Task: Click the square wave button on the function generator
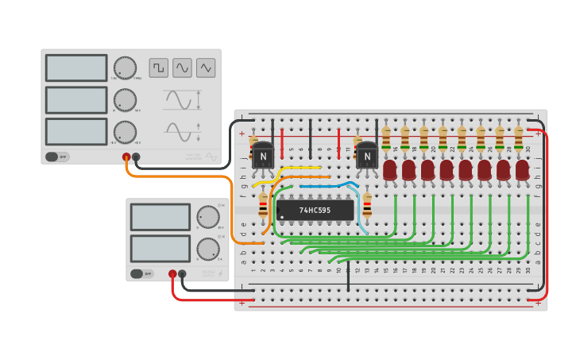[159, 68]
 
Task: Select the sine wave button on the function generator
[183, 68]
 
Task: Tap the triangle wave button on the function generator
[207, 68]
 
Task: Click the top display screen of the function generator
[76, 68]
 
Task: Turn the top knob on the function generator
[125, 68]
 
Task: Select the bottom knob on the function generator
[125, 131]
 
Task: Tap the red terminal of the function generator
[126, 157]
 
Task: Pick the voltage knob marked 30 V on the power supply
[208, 217]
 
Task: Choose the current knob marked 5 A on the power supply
[208, 249]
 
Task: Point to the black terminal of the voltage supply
[182, 274]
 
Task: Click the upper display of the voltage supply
[160, 217]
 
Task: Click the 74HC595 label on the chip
[315, 211]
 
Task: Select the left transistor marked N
[263, 156]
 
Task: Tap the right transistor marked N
[367, 156]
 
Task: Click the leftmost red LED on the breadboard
[389, 169]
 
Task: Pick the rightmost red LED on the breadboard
[522, 169]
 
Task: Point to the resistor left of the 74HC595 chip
[264, 207]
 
